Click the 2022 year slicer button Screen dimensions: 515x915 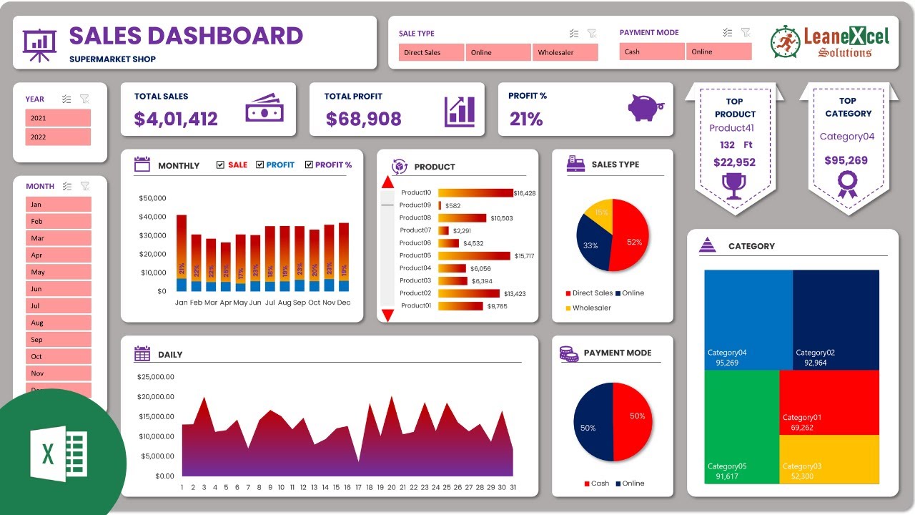(58, 137)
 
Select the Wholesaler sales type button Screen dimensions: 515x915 (565, 52)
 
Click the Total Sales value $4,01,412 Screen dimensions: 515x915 (176, 119)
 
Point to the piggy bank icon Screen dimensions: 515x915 (646, 108)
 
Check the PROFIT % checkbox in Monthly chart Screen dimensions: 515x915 (309, 165)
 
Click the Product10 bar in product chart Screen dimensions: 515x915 (475, 193)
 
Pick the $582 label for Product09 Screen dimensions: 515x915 (452, 206)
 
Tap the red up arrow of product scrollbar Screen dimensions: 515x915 (387, 182)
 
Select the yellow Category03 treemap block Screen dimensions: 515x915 (829, 459)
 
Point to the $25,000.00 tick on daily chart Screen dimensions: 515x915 (155, 377)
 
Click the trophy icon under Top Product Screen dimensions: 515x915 (733, 186)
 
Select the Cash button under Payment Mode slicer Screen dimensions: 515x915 (652, 51)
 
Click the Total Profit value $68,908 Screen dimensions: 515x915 (363, 119)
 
